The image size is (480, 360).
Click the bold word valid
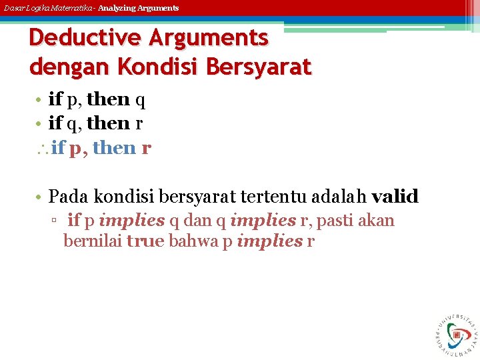(395, 196)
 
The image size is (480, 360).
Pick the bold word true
(145, 241)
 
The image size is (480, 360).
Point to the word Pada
(69, 196)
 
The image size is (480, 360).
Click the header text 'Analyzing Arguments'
(138, 8)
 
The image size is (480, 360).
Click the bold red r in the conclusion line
(146, 149)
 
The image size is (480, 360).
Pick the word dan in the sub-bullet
(198, 221)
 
